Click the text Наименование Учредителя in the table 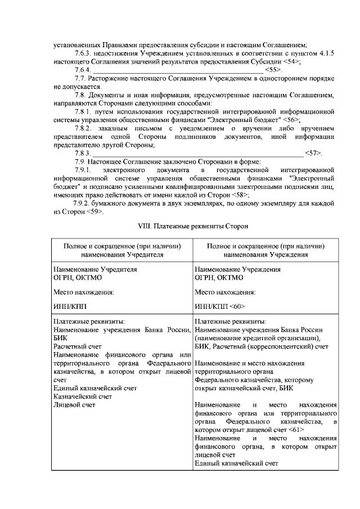[95, 269]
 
